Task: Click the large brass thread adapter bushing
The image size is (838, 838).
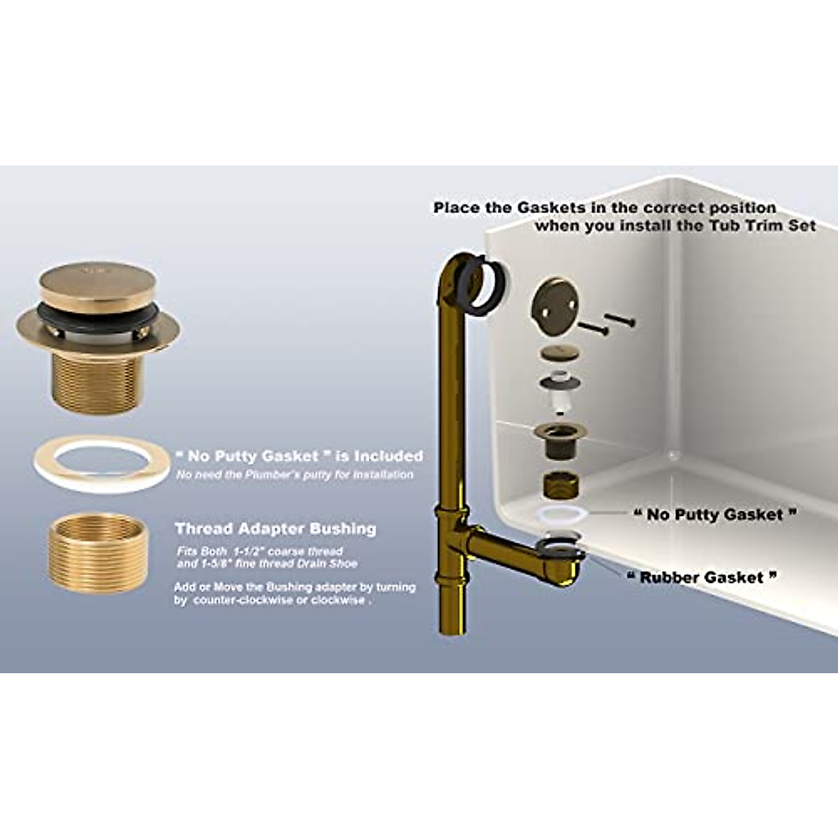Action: tap(98, 552)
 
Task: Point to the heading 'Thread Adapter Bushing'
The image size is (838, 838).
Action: tap(275, 529)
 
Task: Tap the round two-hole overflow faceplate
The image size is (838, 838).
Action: tap(555, 307)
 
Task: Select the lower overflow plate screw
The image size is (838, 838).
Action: tap(592, 329)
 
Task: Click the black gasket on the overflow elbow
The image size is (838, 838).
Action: tap(485, 287)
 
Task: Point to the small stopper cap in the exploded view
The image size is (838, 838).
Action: tap(559, 353)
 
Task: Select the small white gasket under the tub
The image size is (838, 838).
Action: tap(562, 515)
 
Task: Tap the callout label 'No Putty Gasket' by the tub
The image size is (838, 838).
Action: tap(715, 515)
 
